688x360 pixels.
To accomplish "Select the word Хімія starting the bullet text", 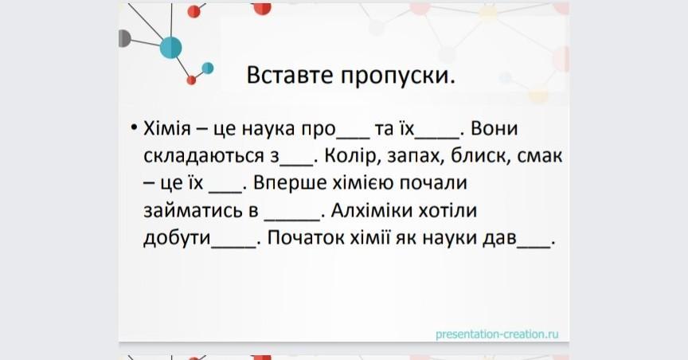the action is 167,128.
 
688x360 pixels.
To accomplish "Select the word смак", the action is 540,157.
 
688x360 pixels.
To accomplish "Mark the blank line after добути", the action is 233,247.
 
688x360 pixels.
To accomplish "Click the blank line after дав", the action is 534,247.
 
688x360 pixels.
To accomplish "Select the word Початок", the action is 306,238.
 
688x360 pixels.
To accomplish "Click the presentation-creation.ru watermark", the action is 497,335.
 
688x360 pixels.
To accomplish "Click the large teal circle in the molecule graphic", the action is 170,48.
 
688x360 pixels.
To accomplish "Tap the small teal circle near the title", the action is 208,68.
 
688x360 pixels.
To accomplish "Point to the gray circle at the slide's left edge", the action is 124,38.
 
